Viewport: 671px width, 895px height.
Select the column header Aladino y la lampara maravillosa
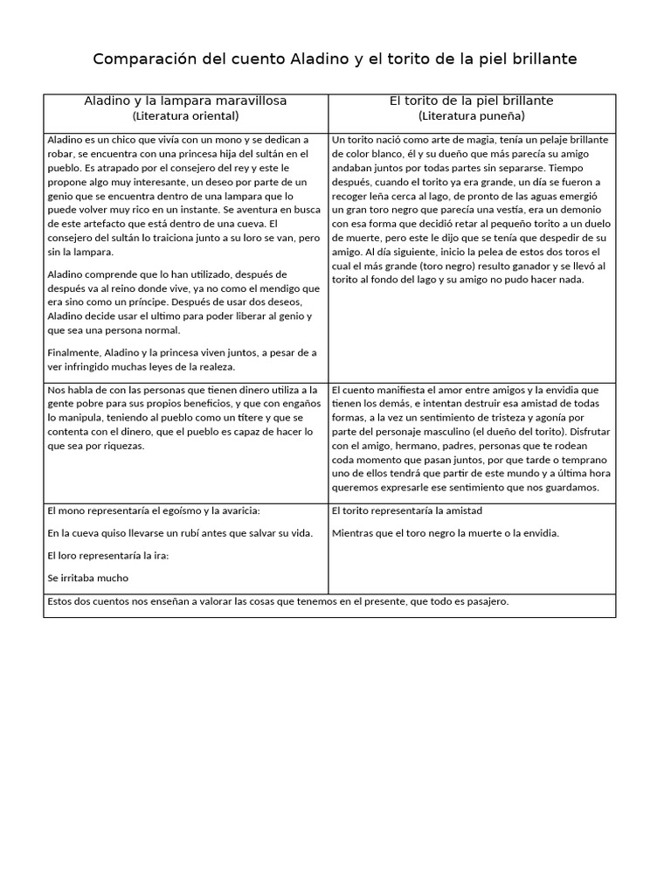click(x=185, y=101)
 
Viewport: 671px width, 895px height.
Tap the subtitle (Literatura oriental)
click(x=185, y=115)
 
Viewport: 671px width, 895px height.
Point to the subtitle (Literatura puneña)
click(x=472, y=115)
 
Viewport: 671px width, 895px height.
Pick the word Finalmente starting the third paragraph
click(x=73, y=351)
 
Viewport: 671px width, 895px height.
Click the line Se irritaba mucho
click(x=88, y=577)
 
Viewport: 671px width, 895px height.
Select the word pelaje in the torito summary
click(x=547, y=139)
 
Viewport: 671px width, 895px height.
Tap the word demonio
click(x=585, y=209)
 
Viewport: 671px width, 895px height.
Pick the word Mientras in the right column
click(x=356, y=532)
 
